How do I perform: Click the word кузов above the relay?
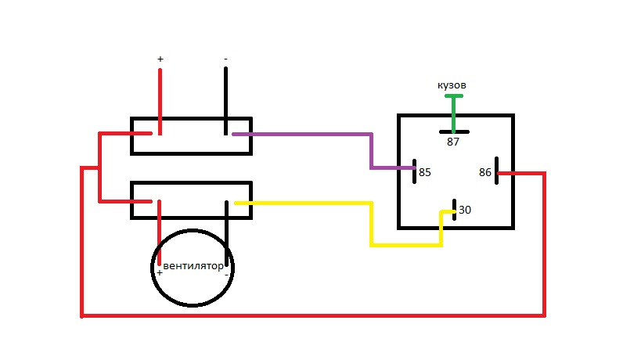(x=452, y=85)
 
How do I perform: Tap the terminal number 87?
(x=453, y=142)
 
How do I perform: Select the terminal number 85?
(x=425, y=172)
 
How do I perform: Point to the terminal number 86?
(x=484, y=172)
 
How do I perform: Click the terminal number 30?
(x=465, y=210)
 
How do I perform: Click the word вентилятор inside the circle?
(x=193, y=266)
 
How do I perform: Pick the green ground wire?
(x=453, y=113)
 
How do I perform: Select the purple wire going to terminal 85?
(x=371, y=151)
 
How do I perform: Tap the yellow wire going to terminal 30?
(x=371, y=225)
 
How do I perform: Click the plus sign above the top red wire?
(x=160, y=59)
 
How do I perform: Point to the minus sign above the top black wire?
(x=225, y=59)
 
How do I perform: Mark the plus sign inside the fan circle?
(x=160, y=272)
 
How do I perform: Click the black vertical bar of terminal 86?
(x=497, y=171)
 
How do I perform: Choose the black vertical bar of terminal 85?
(x=415, y=171)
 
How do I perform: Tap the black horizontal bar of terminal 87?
(x=454, y=132)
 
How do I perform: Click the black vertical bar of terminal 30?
(x=454, y=210)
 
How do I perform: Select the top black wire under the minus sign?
(x=225, y=101)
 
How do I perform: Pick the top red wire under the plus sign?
(x=160, y=101)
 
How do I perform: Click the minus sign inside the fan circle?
(x=226, y=275)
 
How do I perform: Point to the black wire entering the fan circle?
(x=226, y=233)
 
